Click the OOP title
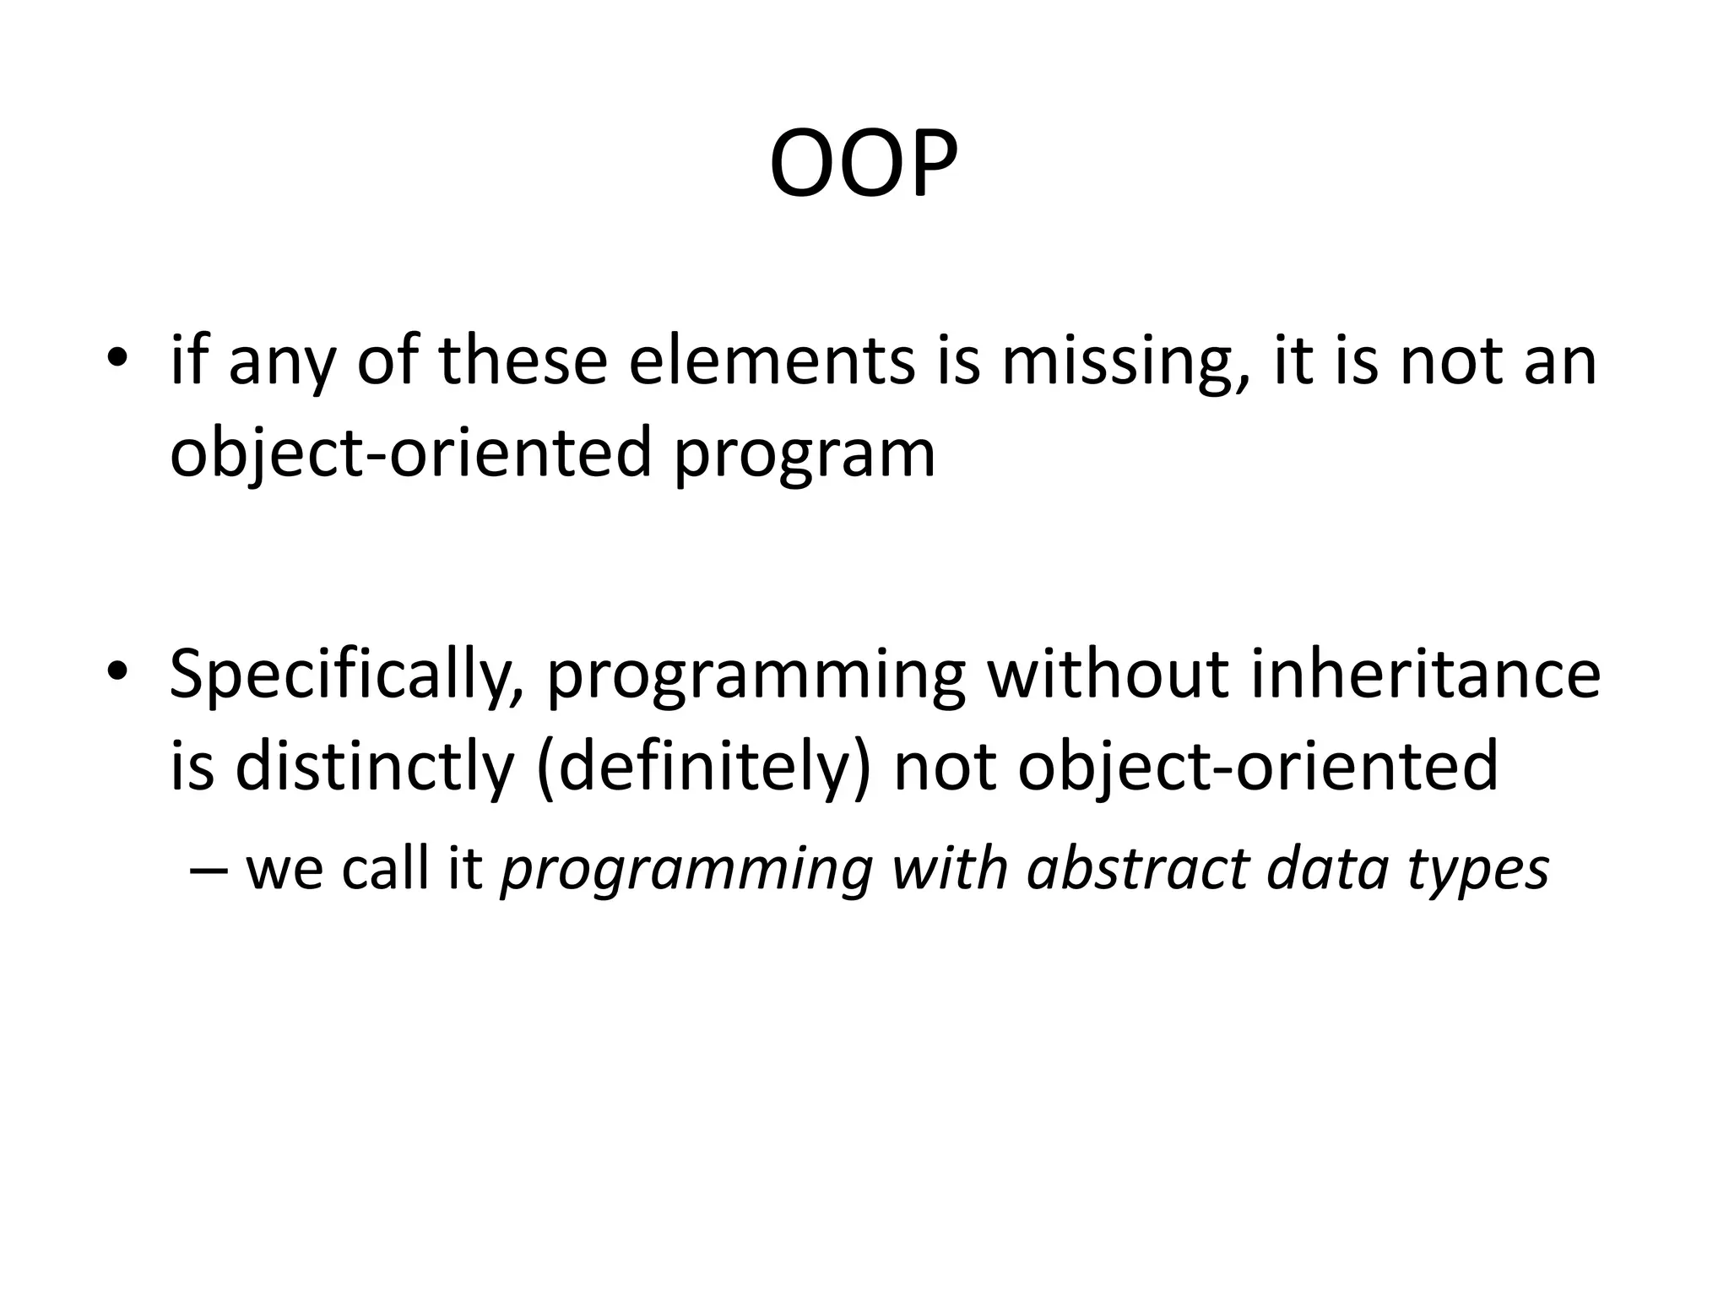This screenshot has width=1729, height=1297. point(864,165)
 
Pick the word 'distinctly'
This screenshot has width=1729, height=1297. point(374,765)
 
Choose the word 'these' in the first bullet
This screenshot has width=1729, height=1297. point(523,361)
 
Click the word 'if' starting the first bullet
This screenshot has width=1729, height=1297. point(187,361)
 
